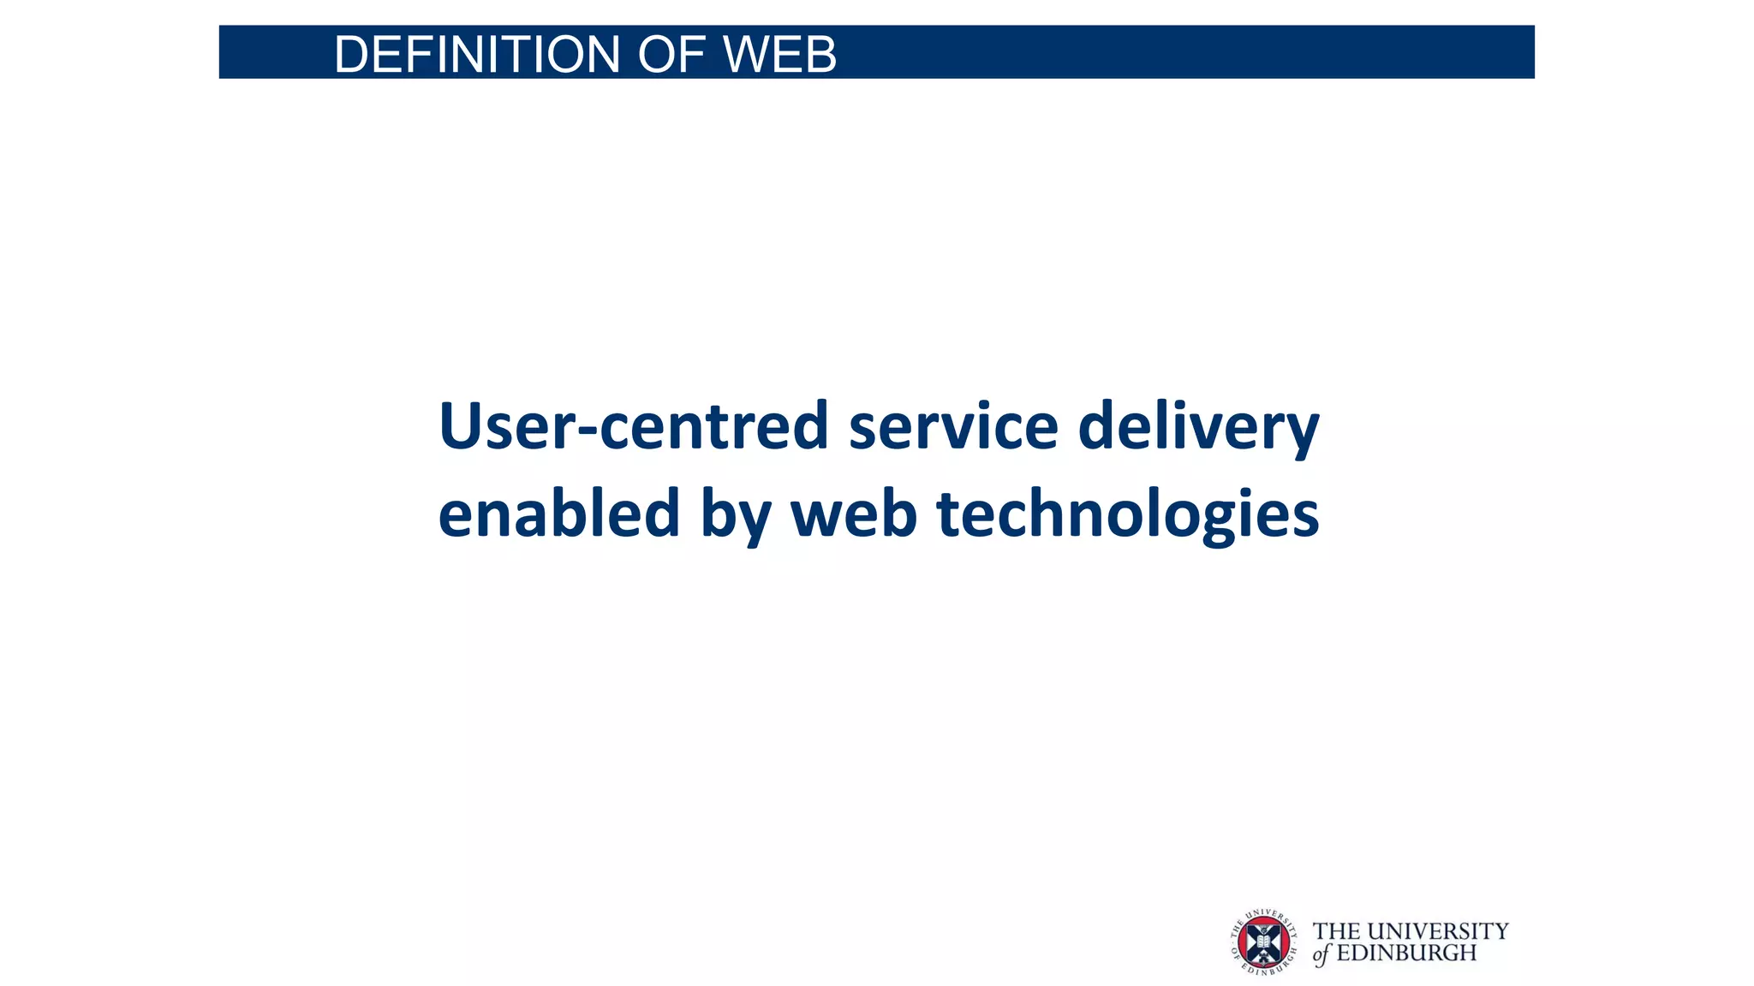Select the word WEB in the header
click(779, 55)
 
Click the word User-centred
click(634, 425)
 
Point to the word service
click(953, 425)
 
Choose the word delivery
click(1198, 427)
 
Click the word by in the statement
click(736, 516)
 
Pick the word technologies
click(1128, 514)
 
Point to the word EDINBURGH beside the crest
click(1406, 953)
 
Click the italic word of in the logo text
click(1321, 954)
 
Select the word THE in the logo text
click(1336, 931)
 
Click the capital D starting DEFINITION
click(351, 55)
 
